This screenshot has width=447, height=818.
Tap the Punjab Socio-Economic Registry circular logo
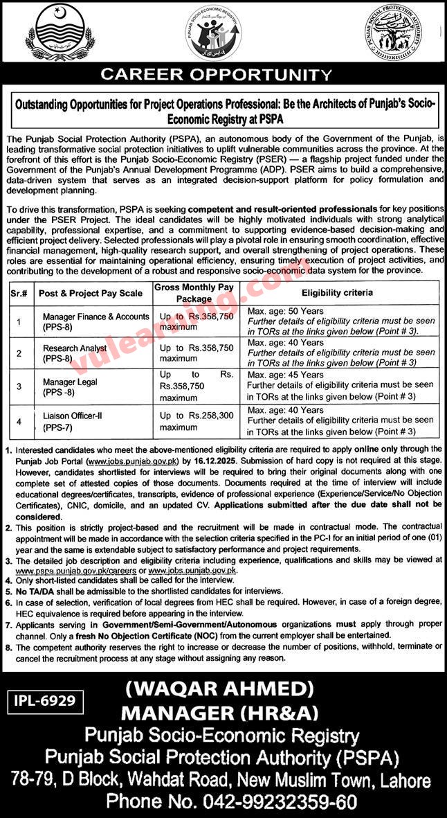pyautogui.click(x=215, y=34)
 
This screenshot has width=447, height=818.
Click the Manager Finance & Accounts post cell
pyautogui.click(x=95, y=321)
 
